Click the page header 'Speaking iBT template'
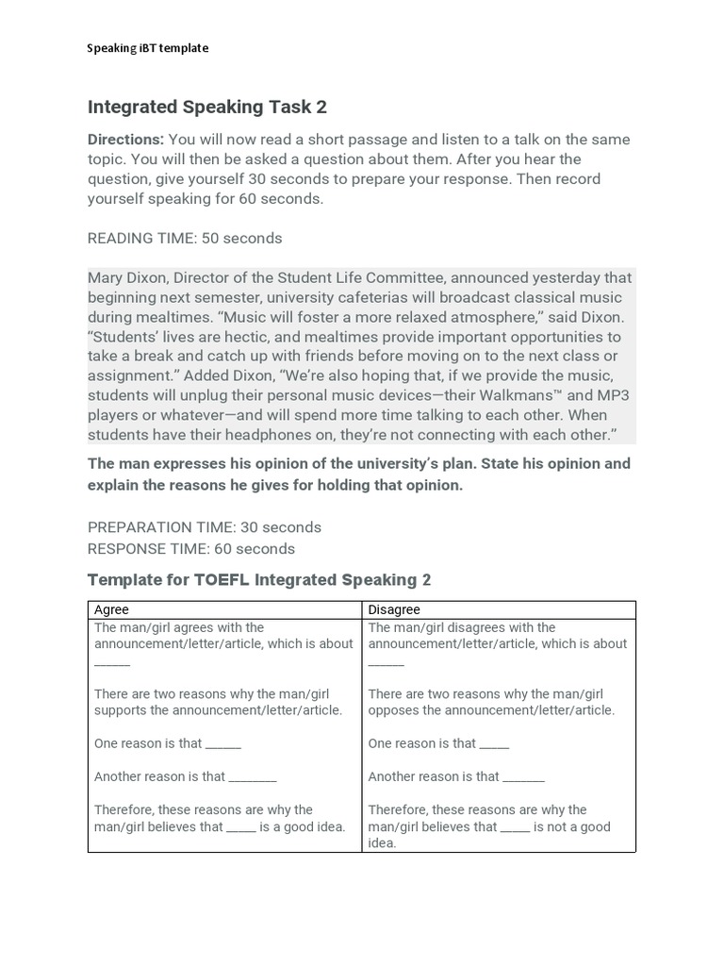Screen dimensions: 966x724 (x=148, y=48)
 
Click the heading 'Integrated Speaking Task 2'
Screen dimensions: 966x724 (x=207, y=107)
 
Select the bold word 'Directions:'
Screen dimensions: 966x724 (x=125, y=140)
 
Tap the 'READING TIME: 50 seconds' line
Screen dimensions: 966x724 (x=185, y=239)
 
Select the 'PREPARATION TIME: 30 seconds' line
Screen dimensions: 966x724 (x=205, y=527)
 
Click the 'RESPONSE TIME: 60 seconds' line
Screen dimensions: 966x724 (x=191, y=549)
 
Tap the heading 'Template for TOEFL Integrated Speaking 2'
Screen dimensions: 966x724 (x=259, y=580)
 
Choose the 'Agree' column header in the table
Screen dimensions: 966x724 (x=111, y=610)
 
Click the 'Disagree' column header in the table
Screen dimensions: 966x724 (x=394, y=610)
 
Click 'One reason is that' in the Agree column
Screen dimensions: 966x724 (x=148, y=743)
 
